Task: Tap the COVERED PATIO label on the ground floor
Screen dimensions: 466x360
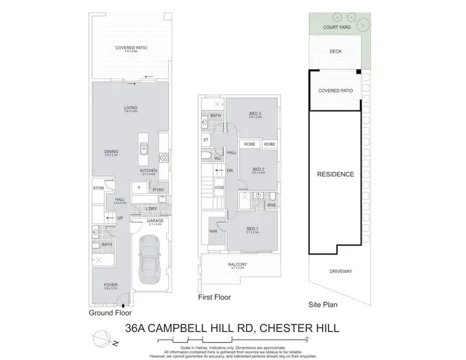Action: tap(130, 48)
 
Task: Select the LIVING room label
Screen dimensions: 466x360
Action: tap(130, 108)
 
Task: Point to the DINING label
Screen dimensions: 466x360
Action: tap(112, 151)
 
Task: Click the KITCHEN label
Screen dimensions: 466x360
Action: tap(148, 171)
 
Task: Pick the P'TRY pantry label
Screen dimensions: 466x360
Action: tap(158, 190)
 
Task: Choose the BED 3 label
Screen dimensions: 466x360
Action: tap(254, 113)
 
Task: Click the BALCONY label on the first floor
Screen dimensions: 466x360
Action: tap(239, 265)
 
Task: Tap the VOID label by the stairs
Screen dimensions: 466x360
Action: tap(219, 187)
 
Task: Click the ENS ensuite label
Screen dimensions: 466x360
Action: tap(272, 204)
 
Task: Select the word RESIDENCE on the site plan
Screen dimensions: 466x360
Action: tap(336, 174)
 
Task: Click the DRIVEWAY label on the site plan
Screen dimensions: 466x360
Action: tap(340, 271)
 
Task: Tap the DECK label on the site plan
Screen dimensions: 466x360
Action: tap(336, 52)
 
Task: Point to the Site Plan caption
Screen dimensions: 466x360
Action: tap(324, 305)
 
